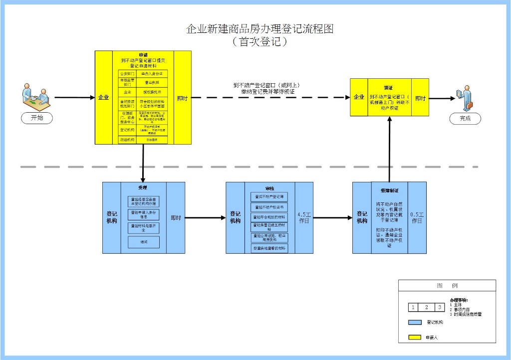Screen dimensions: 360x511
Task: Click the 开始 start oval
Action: coord(37,118)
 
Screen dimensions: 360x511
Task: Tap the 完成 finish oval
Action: coord(465,119)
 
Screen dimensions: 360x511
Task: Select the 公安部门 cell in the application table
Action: coord(127,73)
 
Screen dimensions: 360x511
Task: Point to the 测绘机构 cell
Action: coord(127,140)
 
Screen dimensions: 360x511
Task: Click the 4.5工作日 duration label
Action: coord(304,217)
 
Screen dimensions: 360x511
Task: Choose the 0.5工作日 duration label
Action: coord(417,217)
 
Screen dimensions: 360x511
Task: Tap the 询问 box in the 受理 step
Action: coord(143,242)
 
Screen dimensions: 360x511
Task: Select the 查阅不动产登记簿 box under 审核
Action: coord(269,197)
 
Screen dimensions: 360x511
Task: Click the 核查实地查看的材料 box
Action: coord(269,248)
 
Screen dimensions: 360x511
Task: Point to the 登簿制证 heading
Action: coord(389,190)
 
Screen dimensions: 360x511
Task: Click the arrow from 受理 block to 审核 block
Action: coord(205,218)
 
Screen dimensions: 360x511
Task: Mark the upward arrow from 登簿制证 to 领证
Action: coord(389,150)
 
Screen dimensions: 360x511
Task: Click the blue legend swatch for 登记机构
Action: coord(415,323)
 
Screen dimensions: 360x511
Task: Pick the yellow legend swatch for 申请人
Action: coord(415,338)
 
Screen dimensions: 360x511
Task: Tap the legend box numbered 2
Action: coord(427,307)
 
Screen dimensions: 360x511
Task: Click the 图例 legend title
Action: coord(447,285)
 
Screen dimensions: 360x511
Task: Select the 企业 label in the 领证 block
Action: coord(359,97)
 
